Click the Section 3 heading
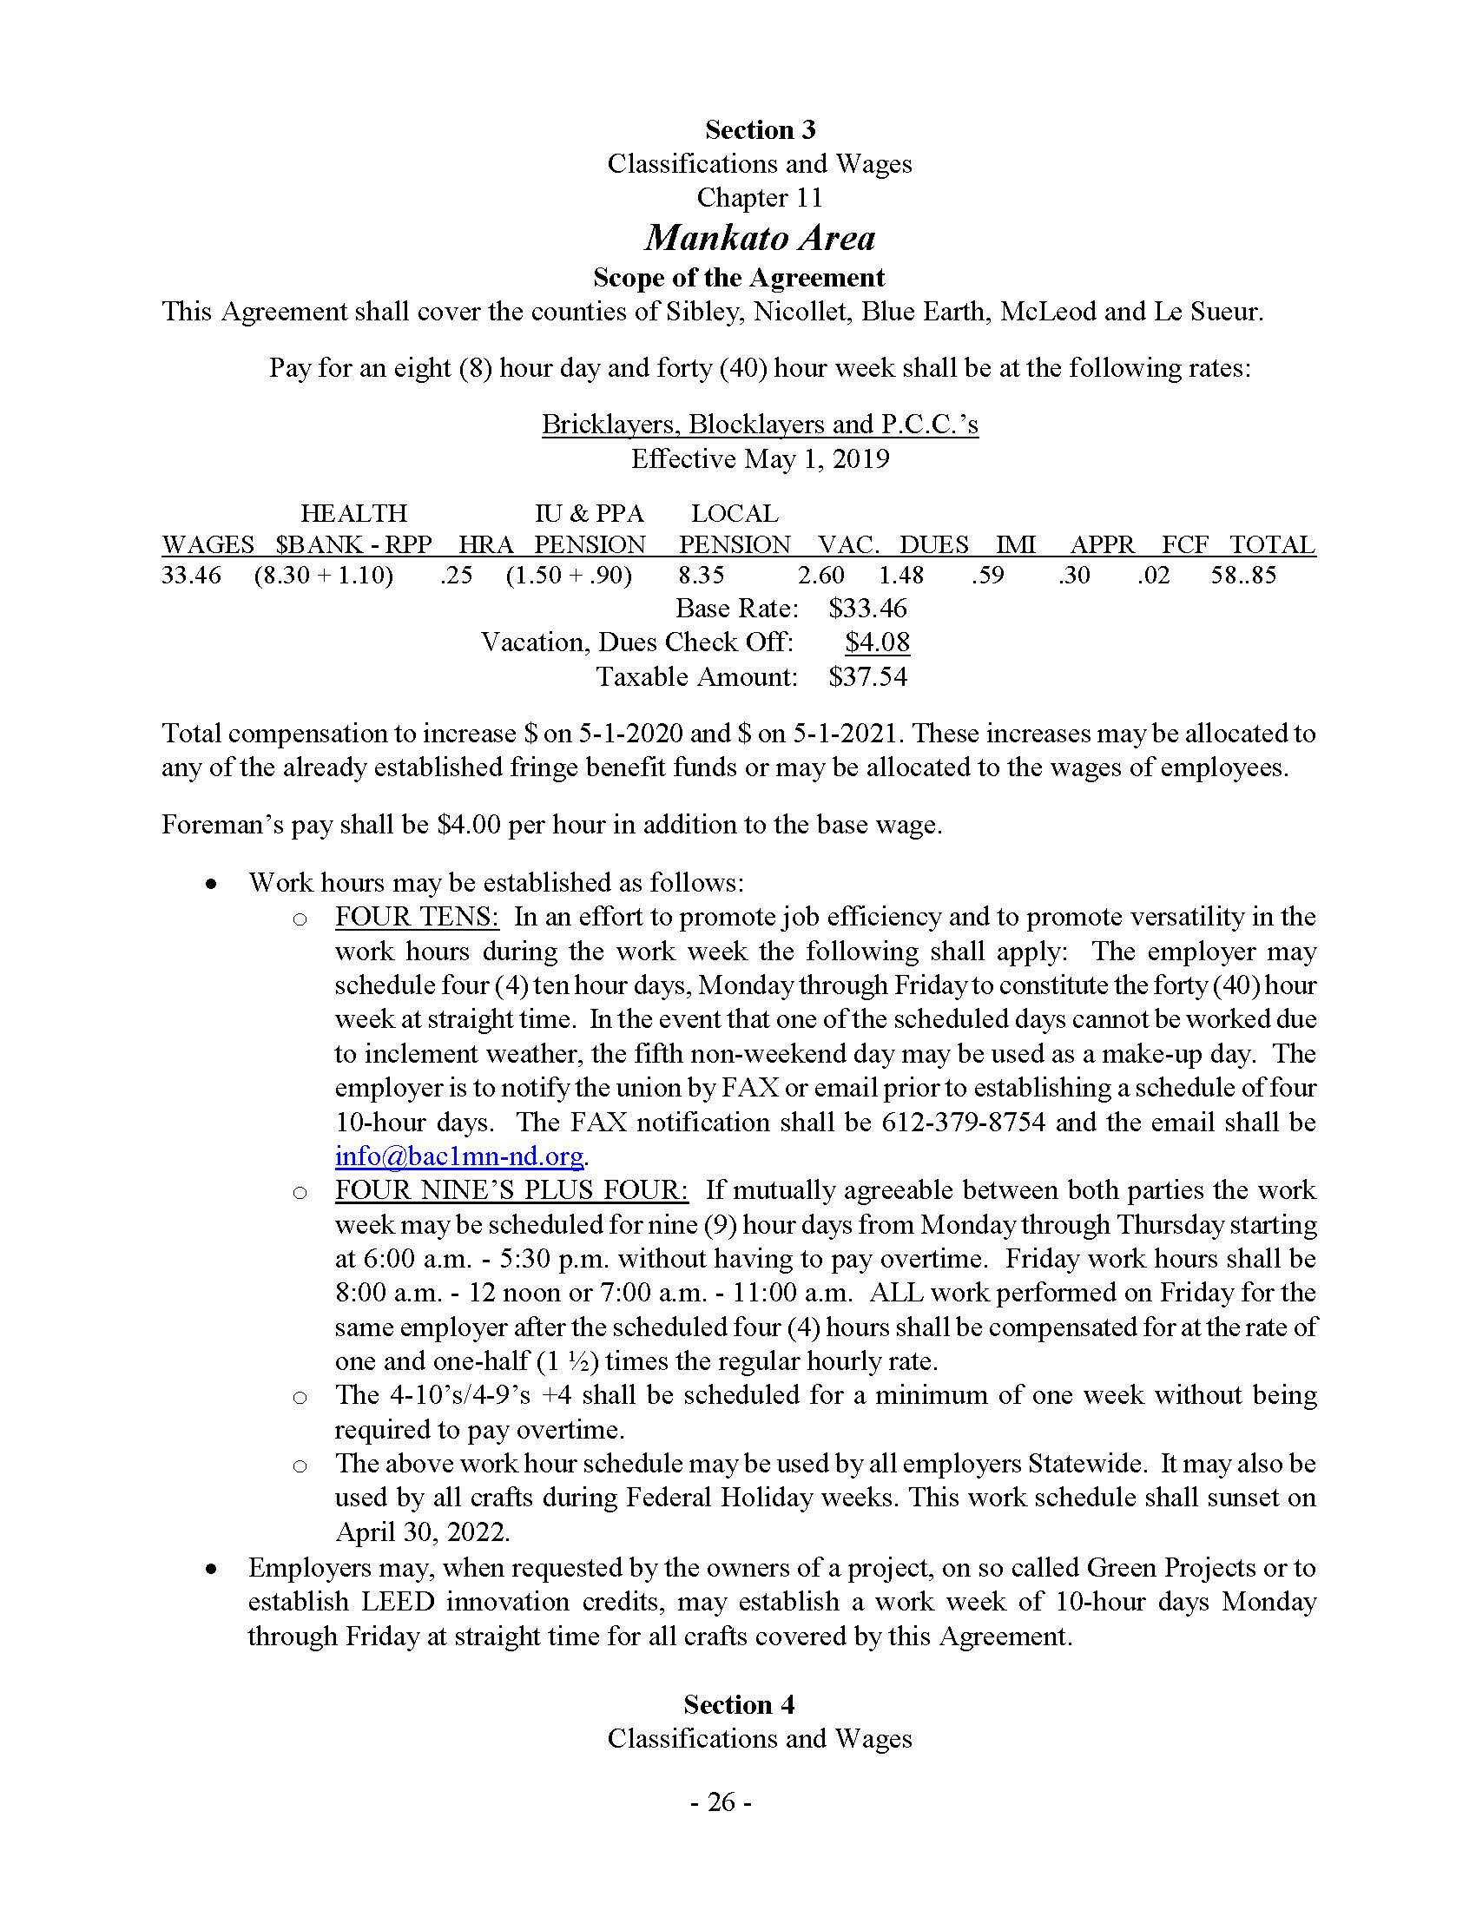(x=760, y=130)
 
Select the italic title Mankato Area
(x=760, y=238)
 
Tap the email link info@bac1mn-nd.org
(x=459, y=1156)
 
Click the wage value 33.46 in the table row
(x=192, y=576)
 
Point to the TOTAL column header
(x=1272, y=545)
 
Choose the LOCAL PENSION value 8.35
(x=702, y=576)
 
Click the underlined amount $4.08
(x=877, y=642)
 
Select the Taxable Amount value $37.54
(x=868, y=677)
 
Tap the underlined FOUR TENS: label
(x=417, y=917)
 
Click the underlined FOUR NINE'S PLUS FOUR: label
(x=511, y=1190)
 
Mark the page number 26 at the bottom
(x=722, y=1802)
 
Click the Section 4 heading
(x=739, y=1704)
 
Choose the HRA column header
(x=485, y=545)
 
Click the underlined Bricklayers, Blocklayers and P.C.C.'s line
(x=760, y=425)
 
